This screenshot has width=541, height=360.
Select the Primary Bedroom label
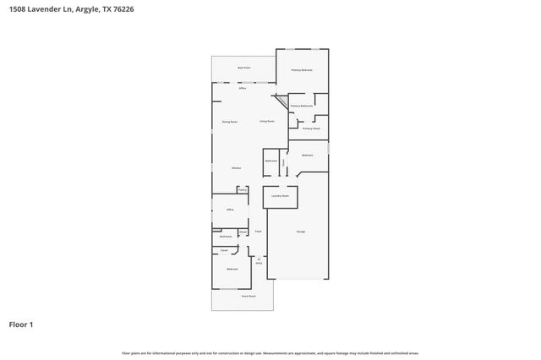pos(302,70)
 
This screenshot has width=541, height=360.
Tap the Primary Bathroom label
pos(302,106)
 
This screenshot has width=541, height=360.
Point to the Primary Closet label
pos(310,128)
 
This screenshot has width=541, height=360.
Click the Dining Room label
pos(229,122)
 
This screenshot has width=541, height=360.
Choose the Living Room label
pos(267,122)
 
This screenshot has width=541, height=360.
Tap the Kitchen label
pos(237,168)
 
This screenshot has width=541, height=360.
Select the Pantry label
pos(242,190)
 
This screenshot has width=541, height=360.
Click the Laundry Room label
pos(280,195)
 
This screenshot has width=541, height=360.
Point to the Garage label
pos(300,232)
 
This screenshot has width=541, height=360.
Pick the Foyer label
pos(258,232)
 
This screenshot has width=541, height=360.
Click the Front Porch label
pos(248,296)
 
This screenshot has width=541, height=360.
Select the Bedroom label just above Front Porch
pos(232,269)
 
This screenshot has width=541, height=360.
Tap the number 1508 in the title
pos(16,9)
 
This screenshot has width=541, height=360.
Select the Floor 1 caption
pos(20,324)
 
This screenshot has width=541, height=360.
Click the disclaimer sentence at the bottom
pos(270,352)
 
